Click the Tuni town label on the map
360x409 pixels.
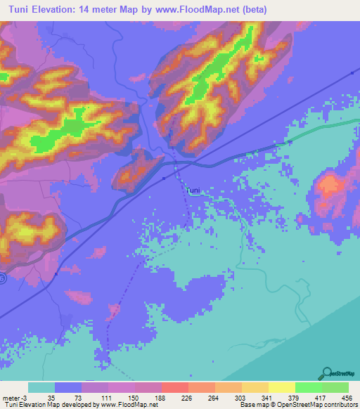click(194, 190)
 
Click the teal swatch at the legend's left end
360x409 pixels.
click(41, 387)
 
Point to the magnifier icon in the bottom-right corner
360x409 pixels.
click(326, 374)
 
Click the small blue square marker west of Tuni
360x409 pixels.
click(164, 178)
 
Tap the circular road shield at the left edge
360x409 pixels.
click(2, 279)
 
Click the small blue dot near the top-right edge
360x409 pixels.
click(351, 73)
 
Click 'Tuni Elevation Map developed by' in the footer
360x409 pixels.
click(46, 404)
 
